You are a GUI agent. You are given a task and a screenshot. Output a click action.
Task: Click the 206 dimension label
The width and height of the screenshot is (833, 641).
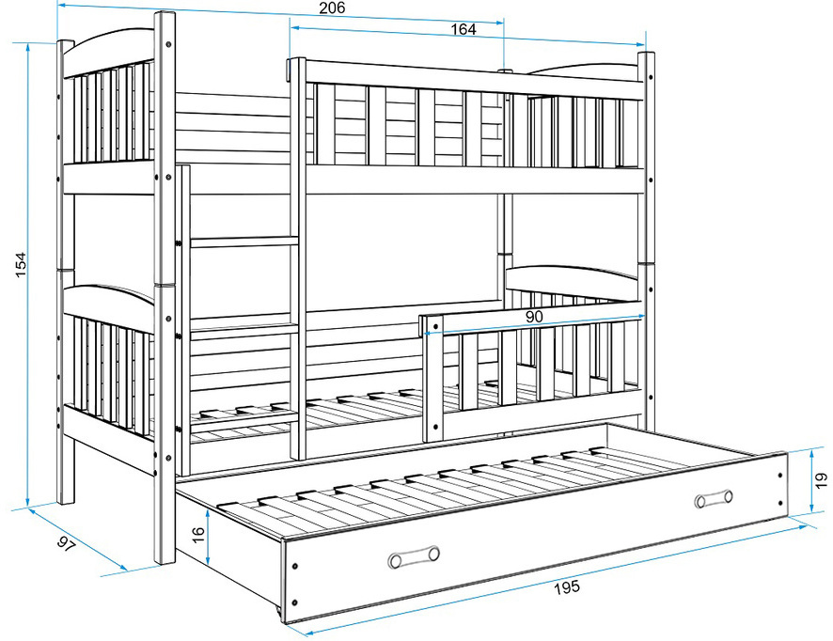(x=332, y=8)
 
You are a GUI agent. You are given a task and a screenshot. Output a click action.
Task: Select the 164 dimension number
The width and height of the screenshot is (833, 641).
(x=464, y=29)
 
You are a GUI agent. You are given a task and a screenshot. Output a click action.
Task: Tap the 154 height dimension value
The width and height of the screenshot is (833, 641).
(x=20, y=264)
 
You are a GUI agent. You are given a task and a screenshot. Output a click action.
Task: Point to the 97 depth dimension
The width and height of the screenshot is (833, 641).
(x=67, y=545)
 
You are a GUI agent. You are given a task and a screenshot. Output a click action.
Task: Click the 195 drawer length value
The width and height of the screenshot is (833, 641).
(x=567, y=587)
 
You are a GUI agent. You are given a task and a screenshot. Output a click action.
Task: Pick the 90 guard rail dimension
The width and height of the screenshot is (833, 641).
(x=534, y=317)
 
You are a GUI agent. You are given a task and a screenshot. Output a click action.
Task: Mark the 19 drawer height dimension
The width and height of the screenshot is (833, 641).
(x=822, y=480)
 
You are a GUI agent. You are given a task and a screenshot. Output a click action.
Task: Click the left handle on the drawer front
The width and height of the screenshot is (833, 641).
(x=414, y=557)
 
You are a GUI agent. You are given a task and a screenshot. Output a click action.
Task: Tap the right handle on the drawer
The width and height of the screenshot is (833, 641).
(x=714, y=499)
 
